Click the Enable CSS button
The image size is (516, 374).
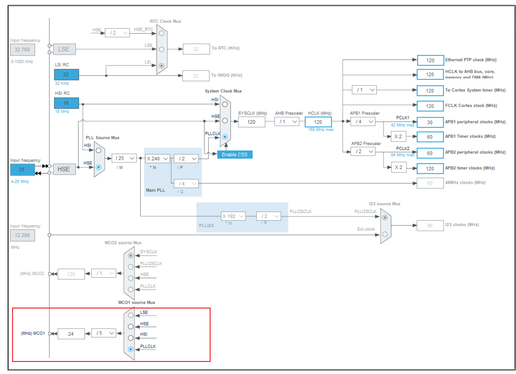click(235, 155)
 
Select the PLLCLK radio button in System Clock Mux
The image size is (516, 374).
click(225, 137)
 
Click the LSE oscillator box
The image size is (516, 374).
click(64, 49)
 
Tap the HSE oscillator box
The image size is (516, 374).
click(64, 169)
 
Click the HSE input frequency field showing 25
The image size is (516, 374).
click(22, 169)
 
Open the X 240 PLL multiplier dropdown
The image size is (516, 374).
click(157, 158)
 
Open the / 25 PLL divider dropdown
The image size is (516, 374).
click(124, 158)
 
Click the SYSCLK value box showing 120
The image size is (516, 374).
click(251, 122)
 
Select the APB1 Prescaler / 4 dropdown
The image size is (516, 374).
click(363, 122)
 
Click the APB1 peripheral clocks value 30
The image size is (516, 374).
click(430, 122)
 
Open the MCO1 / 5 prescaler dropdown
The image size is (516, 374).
click(104, 333)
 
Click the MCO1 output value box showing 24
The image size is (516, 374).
click(71, 334)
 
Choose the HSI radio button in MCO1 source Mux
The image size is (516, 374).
click(131, 338)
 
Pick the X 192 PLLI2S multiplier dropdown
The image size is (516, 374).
click(233, 216)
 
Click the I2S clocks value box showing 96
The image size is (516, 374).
click(430, 225)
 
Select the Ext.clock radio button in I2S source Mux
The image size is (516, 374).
click(385, 234)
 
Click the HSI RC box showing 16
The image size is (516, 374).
click(66, 103)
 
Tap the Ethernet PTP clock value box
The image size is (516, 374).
click(430, 60)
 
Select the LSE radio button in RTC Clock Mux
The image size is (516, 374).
click(162, 49)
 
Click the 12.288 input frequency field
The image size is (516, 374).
click(22, 235)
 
